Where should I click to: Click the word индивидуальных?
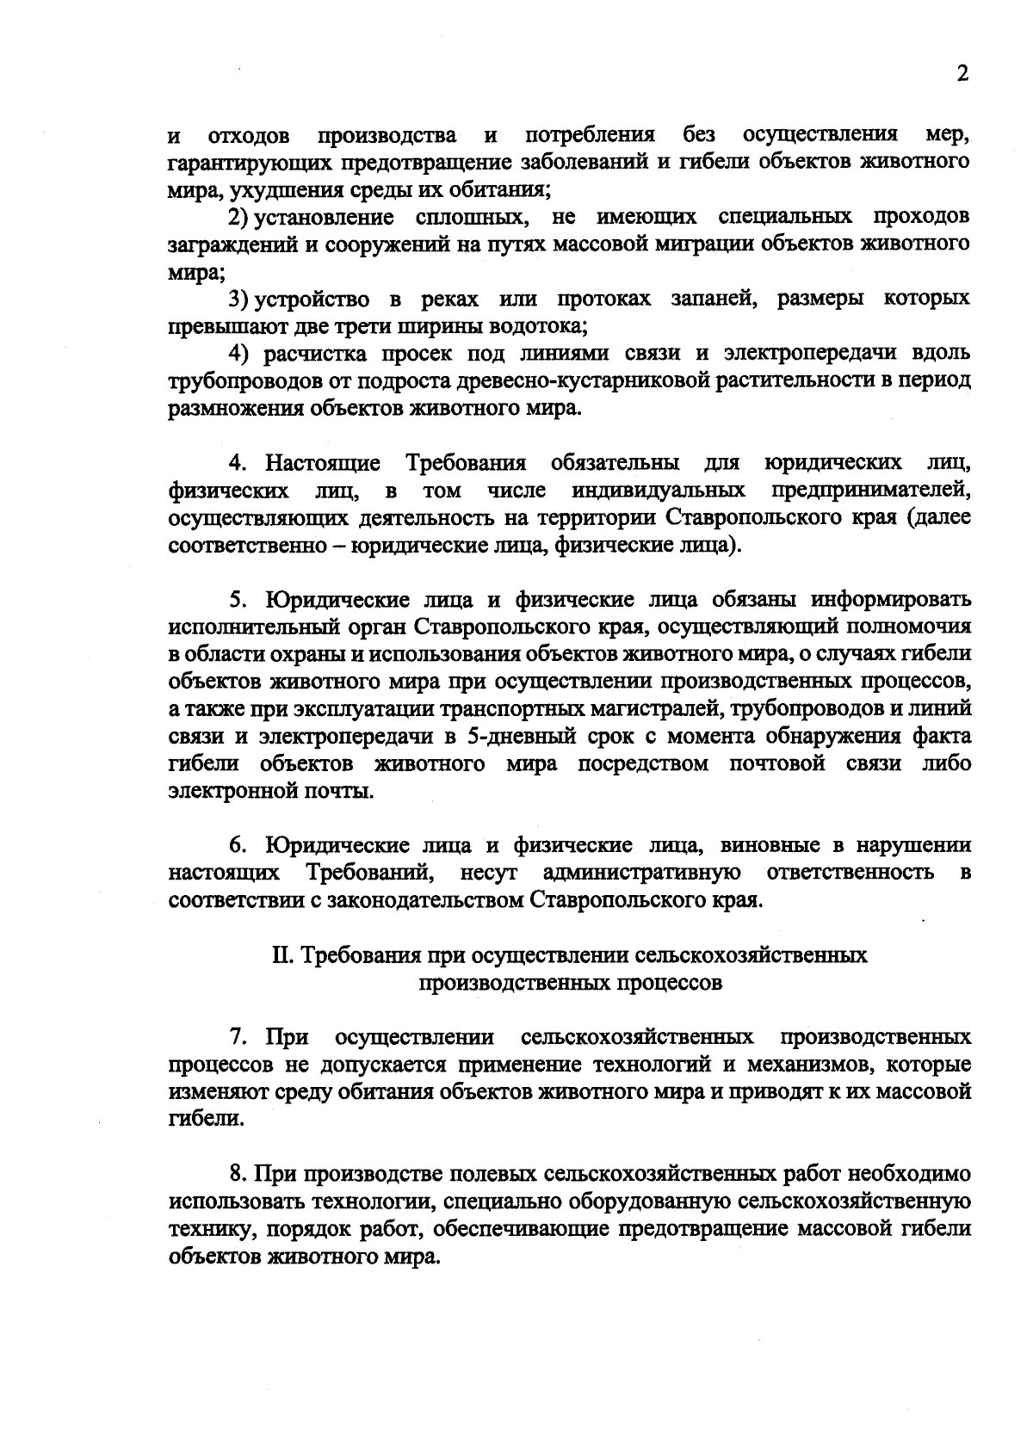658,491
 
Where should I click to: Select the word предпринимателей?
870,491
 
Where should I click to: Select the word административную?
642,873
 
